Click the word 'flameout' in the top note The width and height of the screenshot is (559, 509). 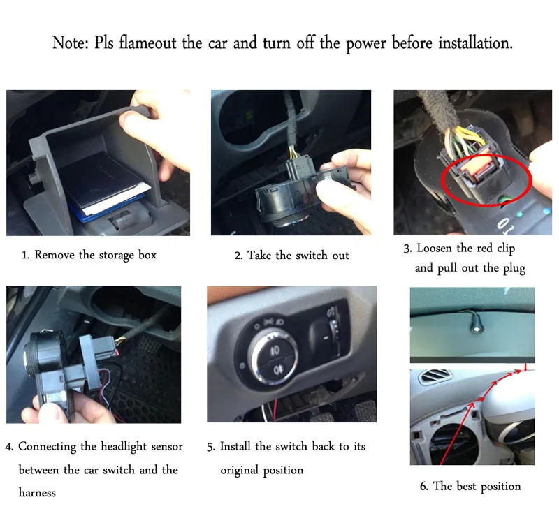pos(147,43)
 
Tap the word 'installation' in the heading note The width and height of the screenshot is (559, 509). pos(475,43)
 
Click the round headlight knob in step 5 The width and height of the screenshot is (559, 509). pos(273,357)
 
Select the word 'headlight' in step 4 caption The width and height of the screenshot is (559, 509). pos(124,447)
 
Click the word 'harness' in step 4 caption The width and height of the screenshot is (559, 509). pos(37,493)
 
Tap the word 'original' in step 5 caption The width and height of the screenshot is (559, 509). pos(239,470)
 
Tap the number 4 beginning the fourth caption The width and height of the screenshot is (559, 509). pos(8,447)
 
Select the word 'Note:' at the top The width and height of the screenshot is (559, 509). pos(71,43)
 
